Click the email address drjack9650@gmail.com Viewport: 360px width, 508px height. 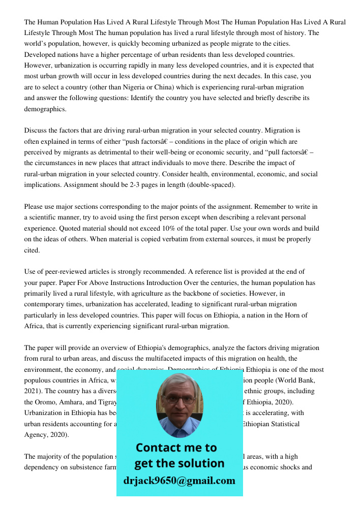pyautogui.click(x=179, y=481)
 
